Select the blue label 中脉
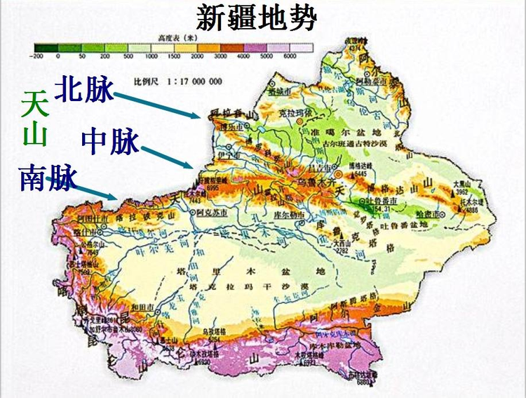(x=110, y=142)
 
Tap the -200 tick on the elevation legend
(x=38, y=55)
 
